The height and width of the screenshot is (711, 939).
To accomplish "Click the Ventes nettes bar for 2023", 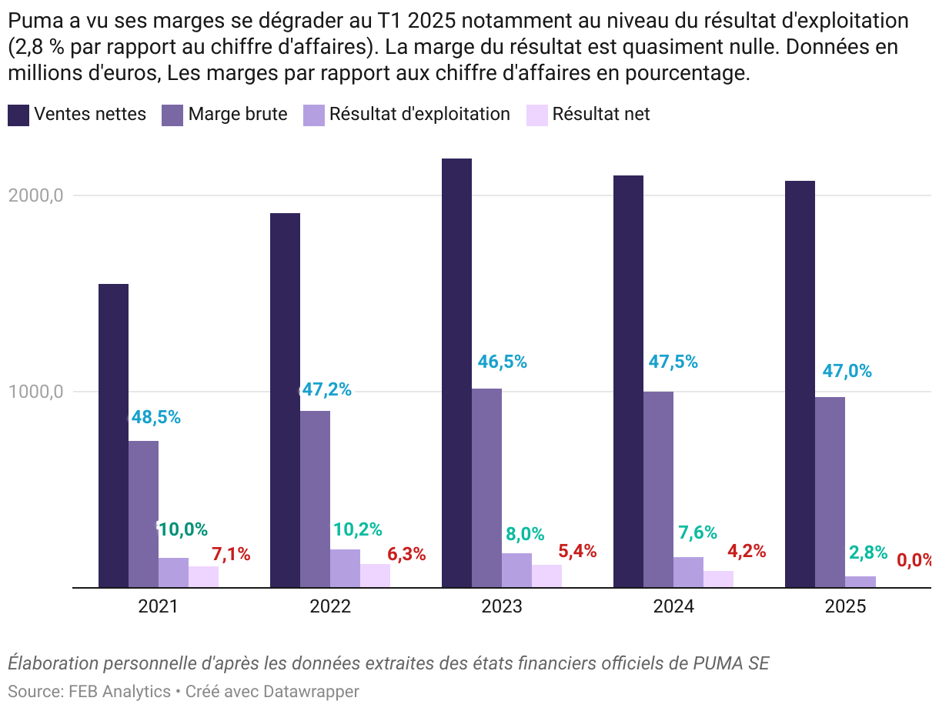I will pyautogui.click(x=456, y=372).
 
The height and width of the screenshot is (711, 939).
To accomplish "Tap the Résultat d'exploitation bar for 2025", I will pyautogui.click(x=860, y=582).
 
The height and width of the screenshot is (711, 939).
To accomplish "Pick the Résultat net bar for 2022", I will pyautogui.click(x=375, y=576).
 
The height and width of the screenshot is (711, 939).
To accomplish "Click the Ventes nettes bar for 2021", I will pyautogui.click(x=113, y=436).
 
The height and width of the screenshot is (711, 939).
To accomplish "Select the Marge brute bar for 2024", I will pyautogui.click(x=658, y=489).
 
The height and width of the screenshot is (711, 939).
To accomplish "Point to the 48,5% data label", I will pyautogui.click(x=155, y=417).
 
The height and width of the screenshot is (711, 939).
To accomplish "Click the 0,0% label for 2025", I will pyautogui.click(x=915, y=560).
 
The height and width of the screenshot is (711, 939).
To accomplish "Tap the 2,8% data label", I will pyautogui.click(x=868, y=552).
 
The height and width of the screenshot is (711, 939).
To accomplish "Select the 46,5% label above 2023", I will pyautogui.click(x=503, y=362).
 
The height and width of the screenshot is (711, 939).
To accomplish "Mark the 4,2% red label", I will pyautogui.click(x=747, y=551).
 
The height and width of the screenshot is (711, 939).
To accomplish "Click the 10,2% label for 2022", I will pyautogui.click(x=358, y=529).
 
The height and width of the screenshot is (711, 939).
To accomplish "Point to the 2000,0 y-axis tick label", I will pyautogui.click(x=35, y=195).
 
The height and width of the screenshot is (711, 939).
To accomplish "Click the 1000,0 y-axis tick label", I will pyautogui.click(x=35, y=392).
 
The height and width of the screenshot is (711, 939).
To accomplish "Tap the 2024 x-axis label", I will pyautogui.click(x=673, y=606).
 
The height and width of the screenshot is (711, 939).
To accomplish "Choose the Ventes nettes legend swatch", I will pyautogui.click(x=18, y=115).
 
